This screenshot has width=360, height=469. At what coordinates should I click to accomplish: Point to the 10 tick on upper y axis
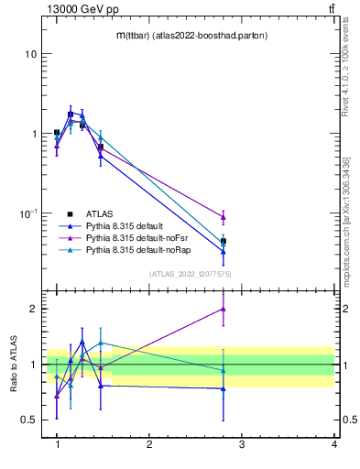pos(30,53)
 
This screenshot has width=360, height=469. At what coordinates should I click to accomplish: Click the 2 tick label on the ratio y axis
pos(33,309)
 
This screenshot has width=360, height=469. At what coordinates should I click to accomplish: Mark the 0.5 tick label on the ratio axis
pos(29,420)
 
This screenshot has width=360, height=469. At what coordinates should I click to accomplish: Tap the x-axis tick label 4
pos(333,444)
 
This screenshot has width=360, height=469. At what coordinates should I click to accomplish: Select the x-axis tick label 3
pos(241,444)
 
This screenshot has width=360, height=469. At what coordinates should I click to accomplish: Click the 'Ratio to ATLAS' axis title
pos(14,365)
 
